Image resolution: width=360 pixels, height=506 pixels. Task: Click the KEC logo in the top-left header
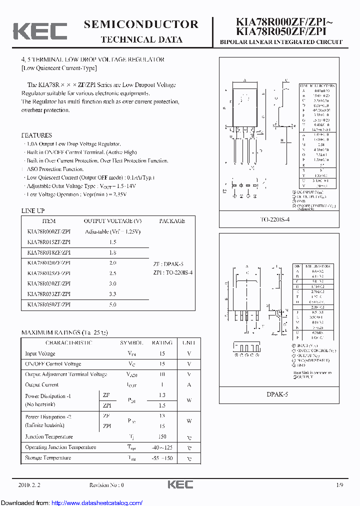tap(40, 31)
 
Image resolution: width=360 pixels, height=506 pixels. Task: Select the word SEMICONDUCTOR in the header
tap(141, 24)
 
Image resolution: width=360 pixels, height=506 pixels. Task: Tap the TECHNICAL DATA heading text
tap(141, 39)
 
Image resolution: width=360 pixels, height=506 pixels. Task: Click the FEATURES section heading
tap(36, 135)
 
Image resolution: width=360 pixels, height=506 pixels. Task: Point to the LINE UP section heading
tap(32, 211)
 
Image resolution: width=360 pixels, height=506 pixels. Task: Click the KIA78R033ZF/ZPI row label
tap(48, 294)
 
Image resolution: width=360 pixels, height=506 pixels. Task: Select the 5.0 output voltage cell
tap(112, 304)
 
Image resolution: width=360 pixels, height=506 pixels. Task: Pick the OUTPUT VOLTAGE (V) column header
tap(112, 221)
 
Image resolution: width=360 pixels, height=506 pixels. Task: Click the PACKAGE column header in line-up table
tap(172, 221)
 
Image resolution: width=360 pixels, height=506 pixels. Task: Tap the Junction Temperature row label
tap(49, 436)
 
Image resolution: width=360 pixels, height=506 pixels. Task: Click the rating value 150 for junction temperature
tap(162, 436)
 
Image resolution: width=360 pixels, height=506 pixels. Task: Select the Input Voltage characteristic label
tap(40, 353)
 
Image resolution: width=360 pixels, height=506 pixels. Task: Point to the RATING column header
tap(162, 343)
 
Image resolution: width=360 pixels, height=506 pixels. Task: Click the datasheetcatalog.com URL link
tap(97, 502)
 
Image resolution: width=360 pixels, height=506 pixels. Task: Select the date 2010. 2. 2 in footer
tap(28, 485)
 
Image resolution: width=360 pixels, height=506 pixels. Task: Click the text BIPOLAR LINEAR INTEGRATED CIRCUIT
tap(281, 42)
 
